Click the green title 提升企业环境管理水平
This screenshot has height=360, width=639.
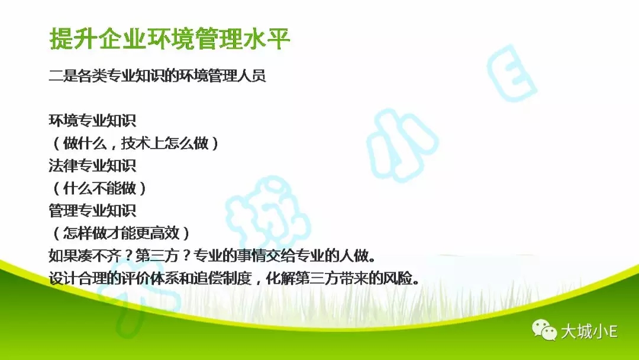[170, 39]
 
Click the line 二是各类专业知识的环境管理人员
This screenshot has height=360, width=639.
[157, 76]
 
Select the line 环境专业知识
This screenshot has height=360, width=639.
[92, 121]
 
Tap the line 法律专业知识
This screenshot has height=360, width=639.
[92, 166]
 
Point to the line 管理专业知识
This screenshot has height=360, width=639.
[92, 211]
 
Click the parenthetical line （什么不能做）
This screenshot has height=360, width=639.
[99, 188]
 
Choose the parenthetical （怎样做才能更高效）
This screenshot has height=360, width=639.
[121, 233]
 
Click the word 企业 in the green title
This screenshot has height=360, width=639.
[121, 39]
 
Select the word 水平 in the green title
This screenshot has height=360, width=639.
[266, 39]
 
